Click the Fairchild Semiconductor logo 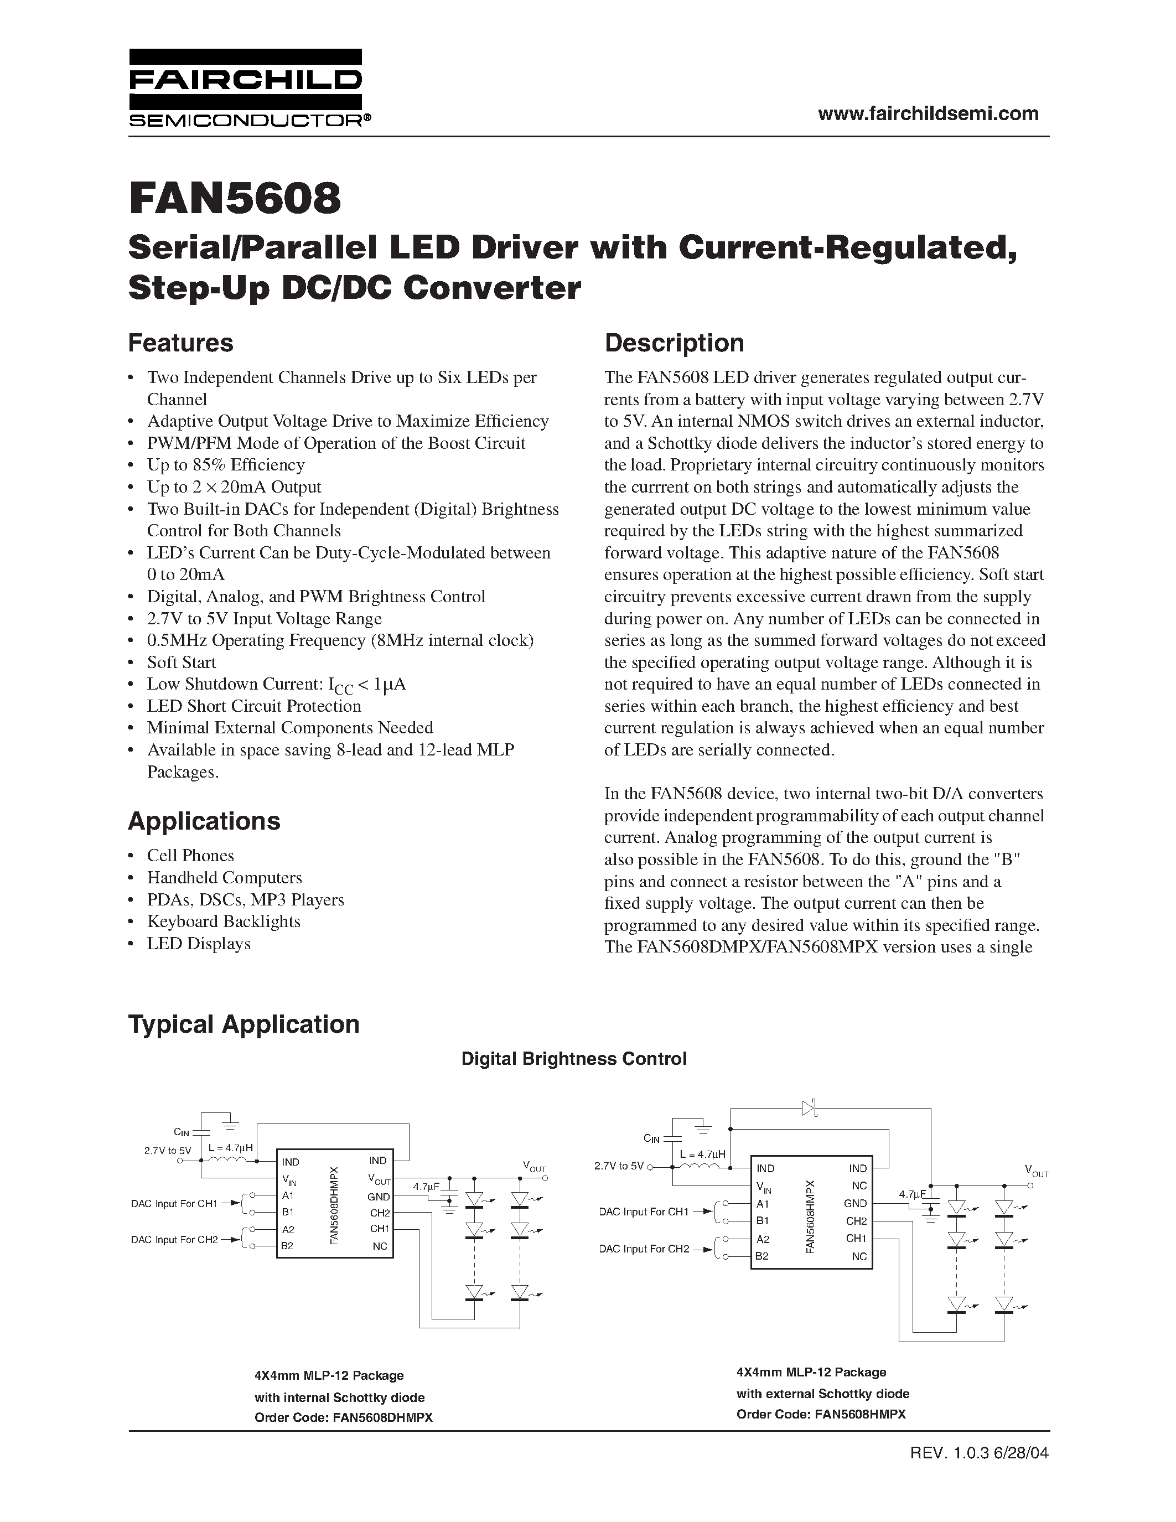coord(245,87)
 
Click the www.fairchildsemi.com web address coord(928,113)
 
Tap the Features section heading coord(180,343)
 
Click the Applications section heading coord(204,821)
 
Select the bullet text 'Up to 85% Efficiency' coord(226,465)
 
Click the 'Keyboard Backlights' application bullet coord(223,922)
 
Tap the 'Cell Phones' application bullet coord(190,855)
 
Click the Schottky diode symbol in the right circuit coord(809,1107)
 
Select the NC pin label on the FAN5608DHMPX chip coord(379,1246)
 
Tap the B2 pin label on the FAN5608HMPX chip coord(762,1256)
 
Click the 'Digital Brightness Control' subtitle coord(574,1059)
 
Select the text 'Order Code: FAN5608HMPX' coord(821,1414)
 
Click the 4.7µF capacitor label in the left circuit coord(425,1186)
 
